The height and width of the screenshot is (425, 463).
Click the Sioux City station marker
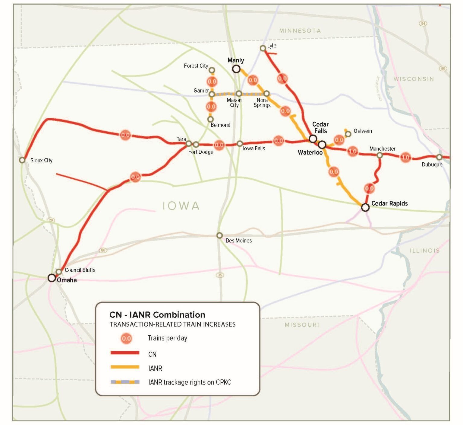[x=22, y=160]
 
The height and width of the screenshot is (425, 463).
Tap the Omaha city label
[x=67, y=280]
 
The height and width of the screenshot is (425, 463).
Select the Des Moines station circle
[x=219, y=235]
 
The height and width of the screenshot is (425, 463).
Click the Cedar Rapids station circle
[x=365, y=207]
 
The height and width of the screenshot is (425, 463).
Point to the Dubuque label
[x=432, y=165]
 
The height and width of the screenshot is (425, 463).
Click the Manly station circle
[x=236, y=69]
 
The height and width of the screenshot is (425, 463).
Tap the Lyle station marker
[x=263, y=48]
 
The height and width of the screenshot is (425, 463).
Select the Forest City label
[x=196, y=66]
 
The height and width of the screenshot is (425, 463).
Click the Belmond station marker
[x=210, y=119]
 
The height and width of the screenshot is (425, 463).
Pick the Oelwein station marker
[x=348, y=134]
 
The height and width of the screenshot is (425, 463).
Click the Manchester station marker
[x=380, y=155]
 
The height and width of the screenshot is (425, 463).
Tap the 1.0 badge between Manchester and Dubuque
[x=405, y=157]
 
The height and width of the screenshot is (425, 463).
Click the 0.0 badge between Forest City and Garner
[x=212, y=81]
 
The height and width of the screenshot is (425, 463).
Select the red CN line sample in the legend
[x=125, y=353]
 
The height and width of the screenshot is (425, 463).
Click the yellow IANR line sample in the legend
[x=125, y=367]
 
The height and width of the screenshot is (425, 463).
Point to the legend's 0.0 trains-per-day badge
[x=126, y=338]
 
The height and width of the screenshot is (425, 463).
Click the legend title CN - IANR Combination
[x=157, y=315]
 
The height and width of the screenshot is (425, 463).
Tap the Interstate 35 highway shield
[x=220, y=275]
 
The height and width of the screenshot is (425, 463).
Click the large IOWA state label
[x=181, y=206]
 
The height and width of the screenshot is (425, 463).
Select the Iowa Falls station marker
[x=240, y=144]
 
